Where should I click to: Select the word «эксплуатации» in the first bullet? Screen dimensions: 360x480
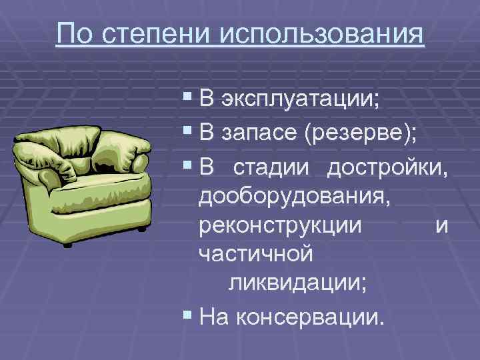(x=299, y=101)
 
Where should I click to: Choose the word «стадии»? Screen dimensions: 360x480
(x=271, y=169)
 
